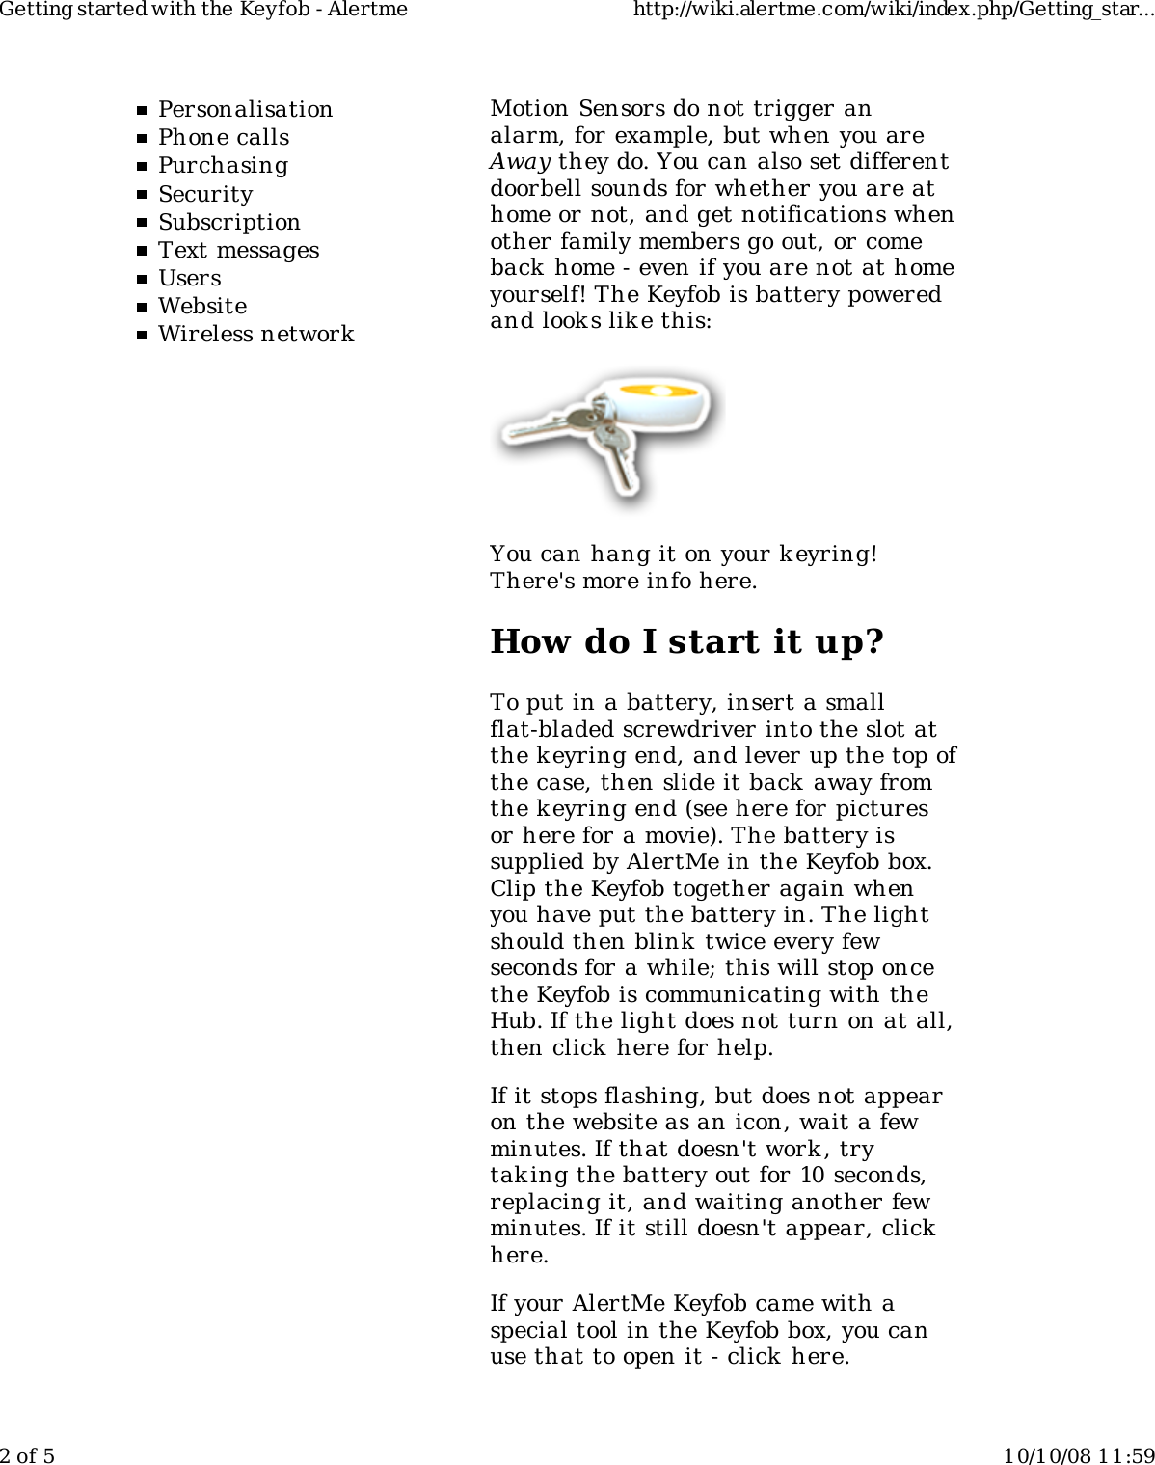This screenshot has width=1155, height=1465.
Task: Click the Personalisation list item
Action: (x=245, y=109)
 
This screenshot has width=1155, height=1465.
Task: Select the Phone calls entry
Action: (x=224, y=137)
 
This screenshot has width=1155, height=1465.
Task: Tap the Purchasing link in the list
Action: (x=223, y=165)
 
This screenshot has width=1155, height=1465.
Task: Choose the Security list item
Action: (x=205, y=194)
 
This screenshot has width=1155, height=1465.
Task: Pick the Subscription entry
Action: (x=229, y=222)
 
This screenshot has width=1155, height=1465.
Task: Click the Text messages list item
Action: (x=238, y=250)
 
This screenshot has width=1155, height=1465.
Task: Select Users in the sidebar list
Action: (x=190, y=278)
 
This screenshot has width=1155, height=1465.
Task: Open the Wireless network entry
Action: (x=255, y=334)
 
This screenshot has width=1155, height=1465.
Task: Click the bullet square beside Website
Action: (x=141, y=307)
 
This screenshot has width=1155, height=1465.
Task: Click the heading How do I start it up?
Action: (x=686, y=641)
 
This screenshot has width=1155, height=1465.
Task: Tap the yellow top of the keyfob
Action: (x=660, y=392)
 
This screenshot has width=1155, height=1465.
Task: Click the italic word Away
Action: (x=520, y=162)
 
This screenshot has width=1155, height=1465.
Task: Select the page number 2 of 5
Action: (x=28, y=1454)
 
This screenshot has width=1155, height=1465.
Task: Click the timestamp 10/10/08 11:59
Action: (x=1078, y=1454)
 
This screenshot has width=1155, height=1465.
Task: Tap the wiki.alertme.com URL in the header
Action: (x=893, y=11)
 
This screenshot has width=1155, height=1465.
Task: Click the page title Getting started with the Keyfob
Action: (x=203, y=11)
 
